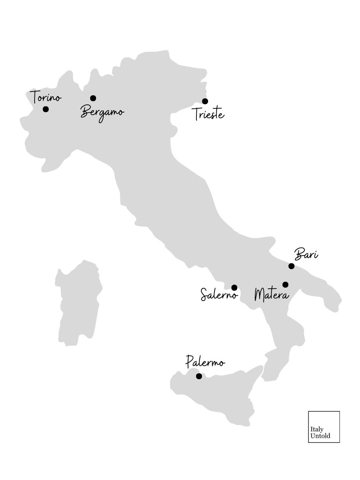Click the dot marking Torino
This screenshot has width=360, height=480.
pos(46,109)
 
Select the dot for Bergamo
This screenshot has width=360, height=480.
pos(93,98)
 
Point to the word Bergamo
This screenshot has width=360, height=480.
pos(102,112)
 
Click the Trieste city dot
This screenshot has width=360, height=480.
pos(205,101)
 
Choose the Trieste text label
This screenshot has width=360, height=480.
pos(208,114)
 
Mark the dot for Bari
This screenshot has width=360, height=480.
pos(291,266)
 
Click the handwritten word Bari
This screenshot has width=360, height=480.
pos(306,255)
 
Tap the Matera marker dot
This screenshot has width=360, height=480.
pos(285,285)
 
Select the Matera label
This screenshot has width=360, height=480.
pos(272,295)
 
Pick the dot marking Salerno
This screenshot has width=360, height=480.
pos(235,287)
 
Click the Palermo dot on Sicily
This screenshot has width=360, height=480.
pos(199,376)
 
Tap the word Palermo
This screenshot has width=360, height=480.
pos(205,362)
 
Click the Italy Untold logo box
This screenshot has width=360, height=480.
pos(324,427)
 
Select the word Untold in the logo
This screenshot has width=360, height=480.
pos(320,436)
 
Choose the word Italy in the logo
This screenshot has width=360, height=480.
pos(317,429)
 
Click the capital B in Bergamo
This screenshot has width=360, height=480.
pos(86,112)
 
